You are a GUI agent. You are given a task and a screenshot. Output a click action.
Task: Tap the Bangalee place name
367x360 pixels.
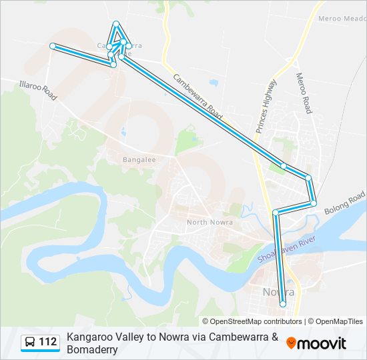tap(139, 160)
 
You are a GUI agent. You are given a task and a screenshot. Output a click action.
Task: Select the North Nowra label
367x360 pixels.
tap(210, 222)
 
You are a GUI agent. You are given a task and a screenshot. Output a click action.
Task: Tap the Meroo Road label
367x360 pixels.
tap(304, 93)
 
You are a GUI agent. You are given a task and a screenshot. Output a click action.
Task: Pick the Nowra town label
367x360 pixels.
tap(279, 293)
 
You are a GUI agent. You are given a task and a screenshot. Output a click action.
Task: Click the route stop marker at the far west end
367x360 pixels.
tap(53, 45)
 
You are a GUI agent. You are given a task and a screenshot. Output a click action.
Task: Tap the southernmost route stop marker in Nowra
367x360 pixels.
tap(283, 304)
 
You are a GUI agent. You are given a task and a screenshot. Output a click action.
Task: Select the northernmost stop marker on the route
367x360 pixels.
tap(117, 24)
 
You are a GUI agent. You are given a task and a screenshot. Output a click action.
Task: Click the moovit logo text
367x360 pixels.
tap(322, 343)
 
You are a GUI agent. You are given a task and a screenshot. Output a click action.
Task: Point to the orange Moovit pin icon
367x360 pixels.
tap(291, 343)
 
